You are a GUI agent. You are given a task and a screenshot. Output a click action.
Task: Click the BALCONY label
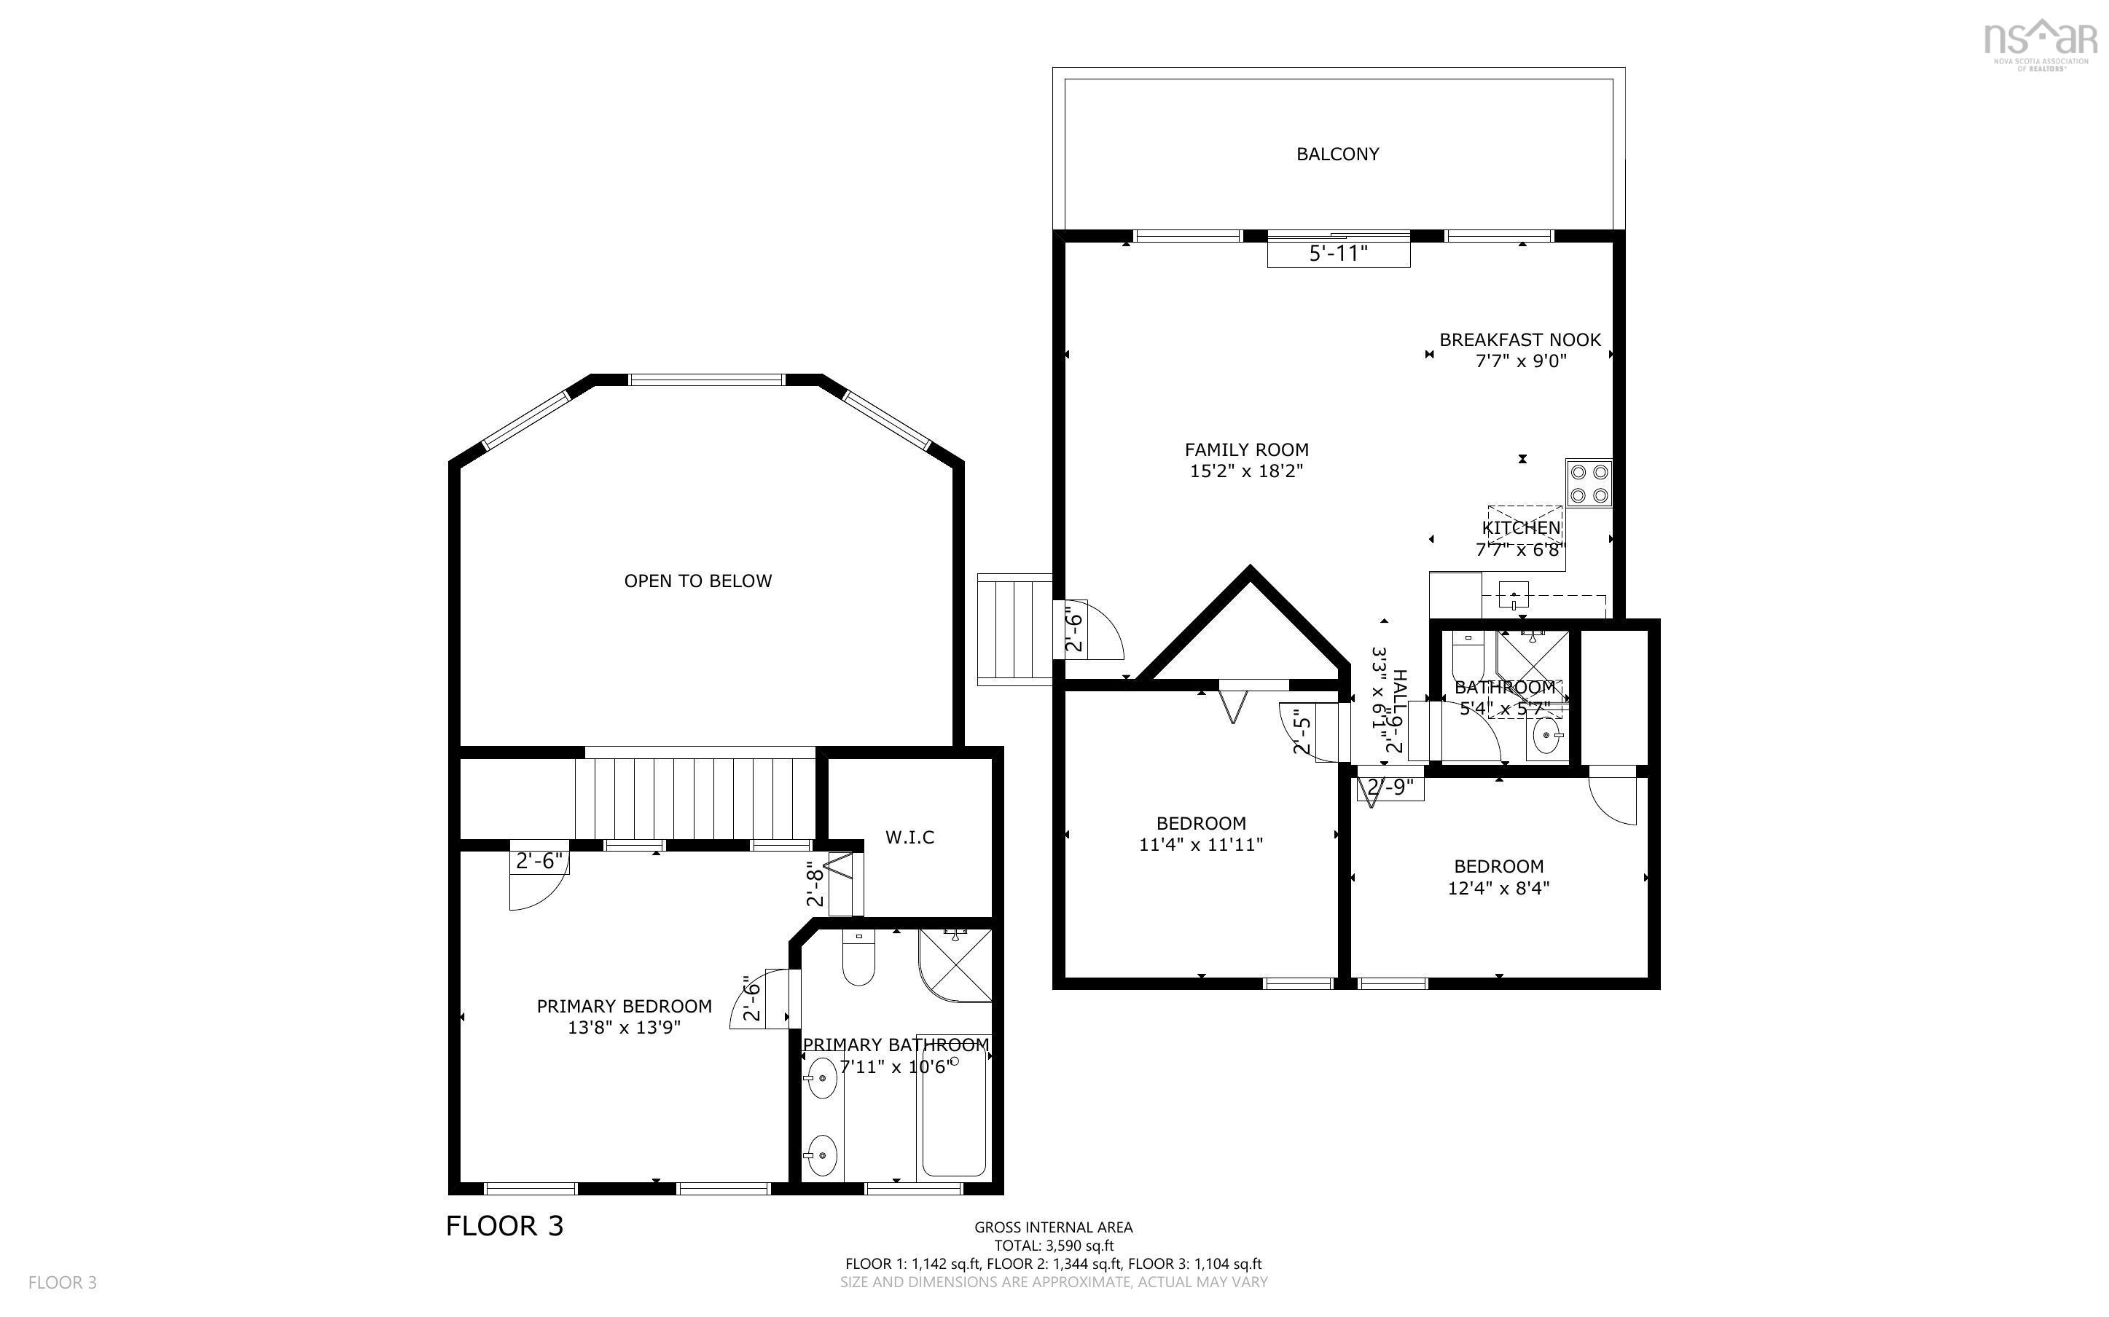point(1337,154)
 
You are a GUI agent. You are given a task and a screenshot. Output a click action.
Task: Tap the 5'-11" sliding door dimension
point(1338,254)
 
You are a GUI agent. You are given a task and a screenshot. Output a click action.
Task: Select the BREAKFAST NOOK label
point(1519,339)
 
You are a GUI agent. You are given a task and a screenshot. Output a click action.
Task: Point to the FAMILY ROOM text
point(1245,449)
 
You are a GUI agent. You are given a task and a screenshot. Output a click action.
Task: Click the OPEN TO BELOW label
point(697,581)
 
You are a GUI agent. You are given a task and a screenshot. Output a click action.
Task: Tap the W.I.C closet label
point(909,837)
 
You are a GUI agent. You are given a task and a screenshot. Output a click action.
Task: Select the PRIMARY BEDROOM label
point(624,1006)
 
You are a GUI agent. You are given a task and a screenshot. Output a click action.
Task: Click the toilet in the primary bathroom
point(858,957)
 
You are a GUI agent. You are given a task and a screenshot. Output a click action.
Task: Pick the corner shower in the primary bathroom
point(955,964)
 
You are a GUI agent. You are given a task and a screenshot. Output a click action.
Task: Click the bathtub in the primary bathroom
point(953,1116)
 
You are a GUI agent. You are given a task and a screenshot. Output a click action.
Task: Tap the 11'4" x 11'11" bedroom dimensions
point(1200,845)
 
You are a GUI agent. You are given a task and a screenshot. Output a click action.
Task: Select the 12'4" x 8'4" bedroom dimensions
point(1498,889)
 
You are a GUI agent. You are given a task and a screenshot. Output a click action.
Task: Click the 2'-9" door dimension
point(1390,787)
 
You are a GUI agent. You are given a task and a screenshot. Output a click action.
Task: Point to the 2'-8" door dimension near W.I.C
point(815,884)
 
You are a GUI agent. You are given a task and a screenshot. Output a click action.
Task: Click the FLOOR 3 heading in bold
point(504,1227)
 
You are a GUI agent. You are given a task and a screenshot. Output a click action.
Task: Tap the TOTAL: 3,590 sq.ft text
point(1053,1246)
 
